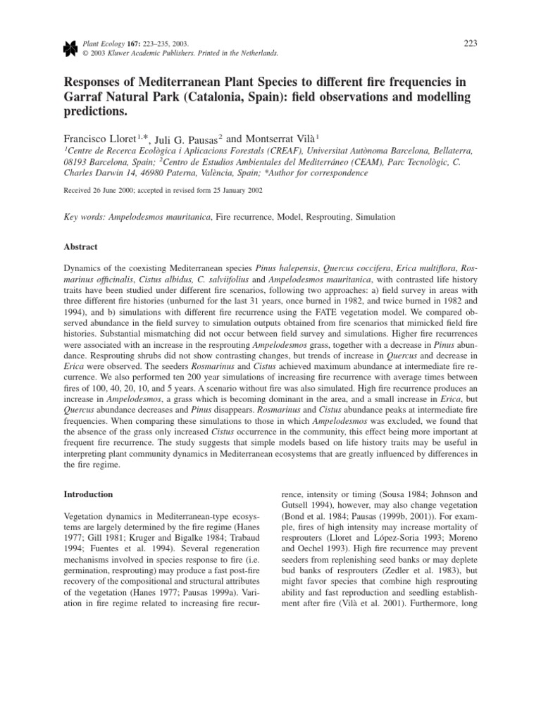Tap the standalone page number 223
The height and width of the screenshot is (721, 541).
tap(471, 44)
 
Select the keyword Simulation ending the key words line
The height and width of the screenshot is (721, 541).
tap(372, 218)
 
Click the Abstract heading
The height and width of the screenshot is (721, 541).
tap(81, 247)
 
